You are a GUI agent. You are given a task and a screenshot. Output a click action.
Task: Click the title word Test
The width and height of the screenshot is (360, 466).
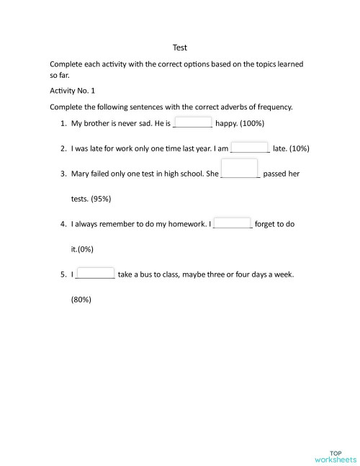[x=180, y=48]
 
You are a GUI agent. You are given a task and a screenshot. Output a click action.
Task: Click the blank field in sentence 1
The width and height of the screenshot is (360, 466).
[x=193, y=122]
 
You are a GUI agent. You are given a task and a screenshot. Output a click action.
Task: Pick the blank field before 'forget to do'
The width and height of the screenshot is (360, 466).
[x=233, y=223]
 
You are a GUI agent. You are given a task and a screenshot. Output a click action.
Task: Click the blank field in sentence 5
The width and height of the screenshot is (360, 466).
[x=95, y=274]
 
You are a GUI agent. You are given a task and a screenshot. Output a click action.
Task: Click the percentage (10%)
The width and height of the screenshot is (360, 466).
[x=297, y=149]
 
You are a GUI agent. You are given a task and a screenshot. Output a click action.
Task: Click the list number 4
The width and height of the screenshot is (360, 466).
[x=63, y=224]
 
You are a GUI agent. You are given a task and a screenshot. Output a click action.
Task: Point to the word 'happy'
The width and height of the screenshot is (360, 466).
[x=226, y=123]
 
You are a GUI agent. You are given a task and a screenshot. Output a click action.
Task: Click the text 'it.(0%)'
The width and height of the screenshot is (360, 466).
[x=83, y=249]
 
